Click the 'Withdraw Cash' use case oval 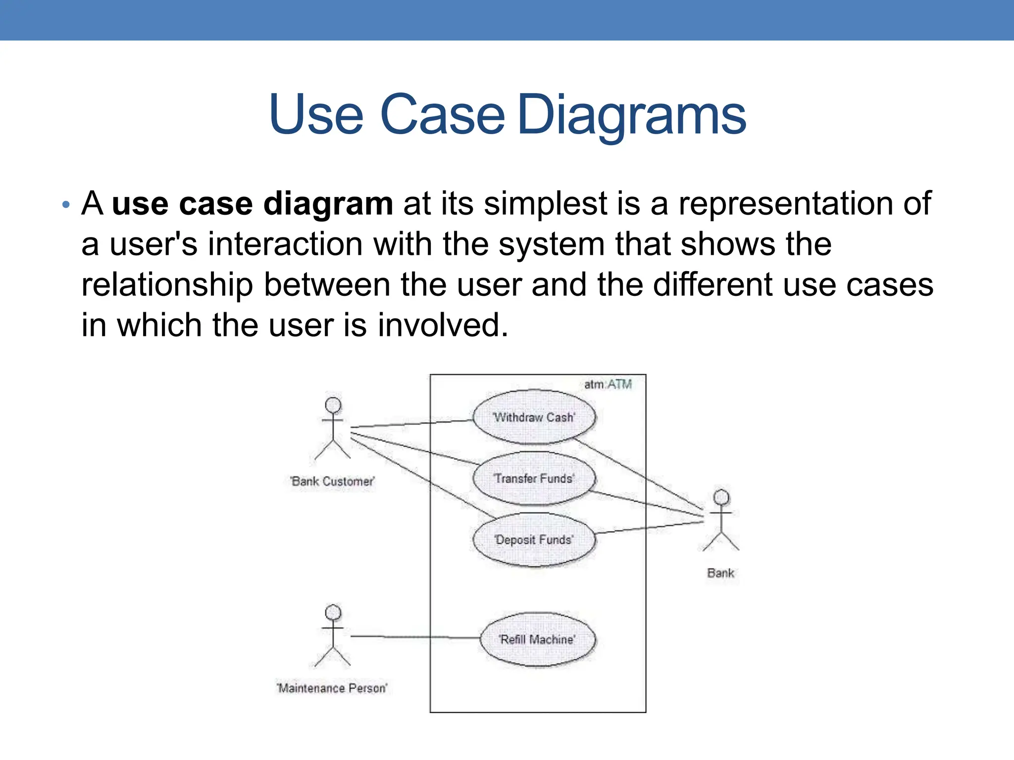pyautogui.click(x=534, y=417)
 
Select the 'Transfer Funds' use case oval pyautogui.click(x=534, y=478)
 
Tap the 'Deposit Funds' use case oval pyautogui.click(x=534, y=540)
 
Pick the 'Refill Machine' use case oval pyautogui.click(x=538, y=639)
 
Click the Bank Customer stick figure pyautogui.click(x=333, y=428)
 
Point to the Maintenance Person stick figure pyautogui.click(x=333, y=635)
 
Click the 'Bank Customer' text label pyautogui.click(x=333, y=481)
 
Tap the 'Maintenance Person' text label pyautogui.click(x=332, y=688)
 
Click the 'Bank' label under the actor pyautogui.click(x=721, y=573)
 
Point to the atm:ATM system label pyautogui.click(x=608, y=384)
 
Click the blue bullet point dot pyautogui.click(x=66, y=204)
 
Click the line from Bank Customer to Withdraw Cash pyautogui.click(x=411, y=424)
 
